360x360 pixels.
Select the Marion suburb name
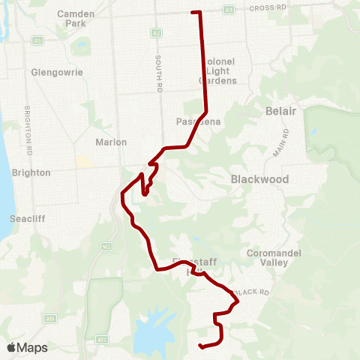coord(111,142)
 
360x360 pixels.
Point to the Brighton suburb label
coord(31,172)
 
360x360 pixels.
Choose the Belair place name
coord(281,111)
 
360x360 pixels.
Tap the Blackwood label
coord(259,179)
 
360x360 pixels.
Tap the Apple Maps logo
coord(27,347)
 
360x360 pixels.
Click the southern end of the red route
coord(200,346)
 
